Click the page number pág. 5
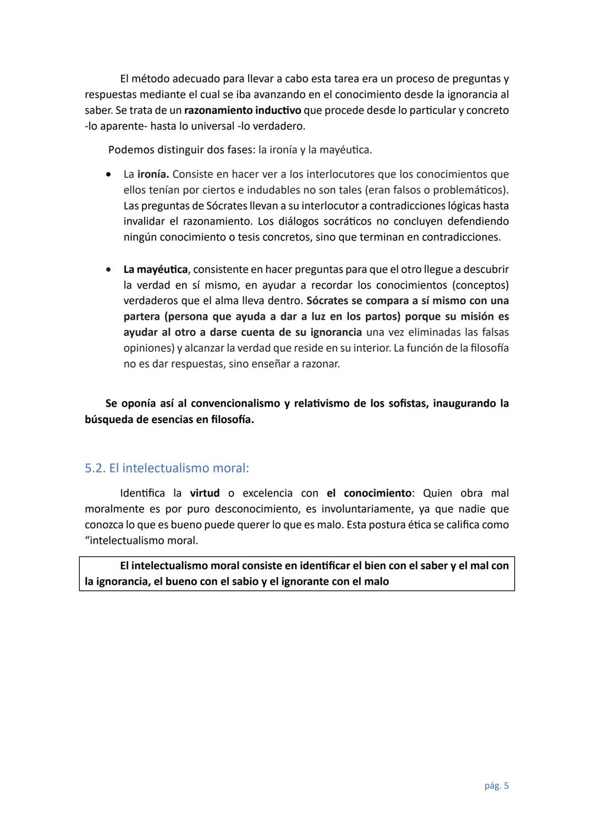496,786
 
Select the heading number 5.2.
95,468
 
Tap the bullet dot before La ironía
110,174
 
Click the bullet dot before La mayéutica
110,270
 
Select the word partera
143,317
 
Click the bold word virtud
205,493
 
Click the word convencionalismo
235,404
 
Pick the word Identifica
142,493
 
